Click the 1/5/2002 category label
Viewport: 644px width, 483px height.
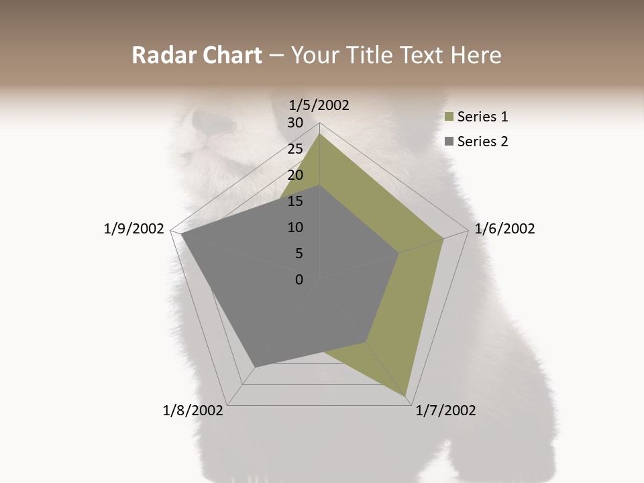pyautogui.click(x=319, y=105)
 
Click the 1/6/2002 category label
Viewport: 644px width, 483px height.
pyautogui.click(x=504, y=229)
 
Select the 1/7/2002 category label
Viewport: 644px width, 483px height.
pyautogui.click(x=445, y=411)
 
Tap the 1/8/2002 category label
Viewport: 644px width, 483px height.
pyautogui.click(x=193, y=411)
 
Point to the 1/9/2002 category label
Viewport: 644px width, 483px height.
pyautogui.click(x=133, y=229)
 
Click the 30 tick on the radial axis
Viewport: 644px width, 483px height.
pyautogui.click(x=295, y=123)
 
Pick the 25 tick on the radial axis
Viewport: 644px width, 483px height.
pyautogui.click(x=295, y=149)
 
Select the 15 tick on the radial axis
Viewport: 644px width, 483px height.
pyautogui.click(x=295, y=201)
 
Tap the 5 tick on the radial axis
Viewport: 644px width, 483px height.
pyautogui.click(x=299, y=254)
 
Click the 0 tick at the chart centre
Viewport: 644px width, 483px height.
pyautogui.click(x=299, y=280)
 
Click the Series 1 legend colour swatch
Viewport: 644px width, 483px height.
pyautogui.click(x=449, y=117)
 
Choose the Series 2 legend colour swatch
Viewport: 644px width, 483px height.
pyautogui.click(x=449, y=142)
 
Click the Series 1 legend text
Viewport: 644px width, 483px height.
pyautogui.click(x=482, y=117)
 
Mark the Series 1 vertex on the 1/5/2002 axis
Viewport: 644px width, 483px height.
pyautogui.click(x=319, y=133)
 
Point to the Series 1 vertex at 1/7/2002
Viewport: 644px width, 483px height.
pyautogui.click(x=406, y=395)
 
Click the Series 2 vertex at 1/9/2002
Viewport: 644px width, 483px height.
pyautogui.click(x=181, y=234)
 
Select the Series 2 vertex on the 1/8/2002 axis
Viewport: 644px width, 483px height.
pyautogui.click(x=254, y=367)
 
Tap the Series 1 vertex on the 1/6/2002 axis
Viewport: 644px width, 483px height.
pyautogui.click(x=443, y=238)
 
